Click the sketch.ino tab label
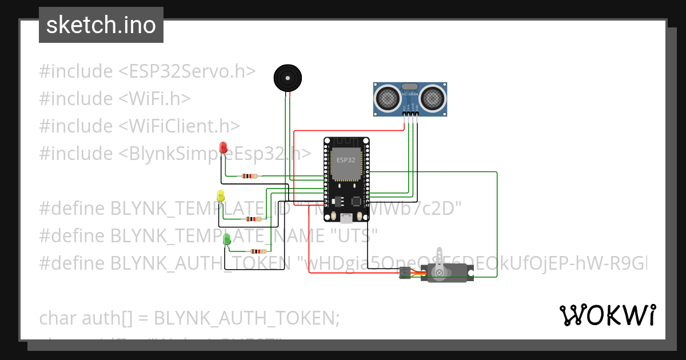(x=101, y=25)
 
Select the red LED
(x=224, y=146)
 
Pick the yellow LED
(x=221, y=196)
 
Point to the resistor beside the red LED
(x=250, y=176)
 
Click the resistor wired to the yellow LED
(x=253, y=219)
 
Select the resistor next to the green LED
(x=258, y=251)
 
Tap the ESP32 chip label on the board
(x=346, y=160)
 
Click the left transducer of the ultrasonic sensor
(x=389, y=98)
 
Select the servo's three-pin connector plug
(x=405, y=274)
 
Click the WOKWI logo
(x=607, y=315)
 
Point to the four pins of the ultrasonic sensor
(x=411, y=114)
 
